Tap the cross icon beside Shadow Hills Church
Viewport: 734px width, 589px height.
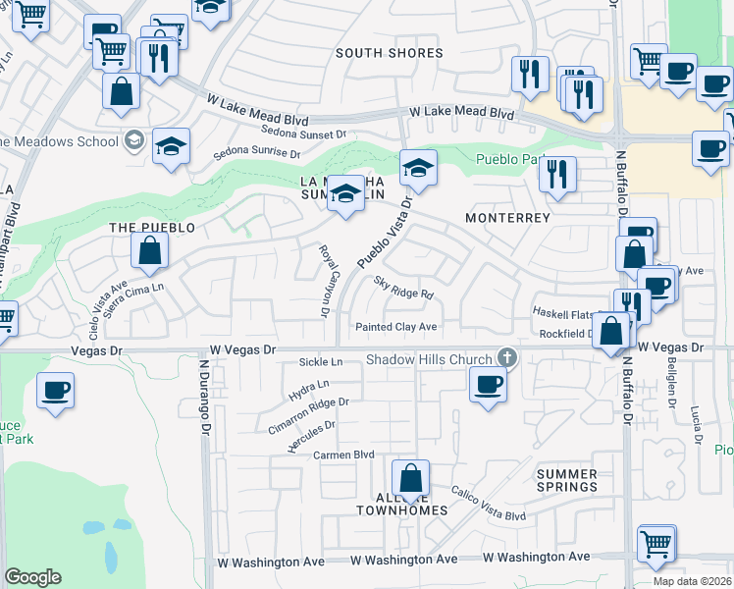[x=506, y=357]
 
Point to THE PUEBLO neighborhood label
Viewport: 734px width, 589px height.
[x=145, y=227]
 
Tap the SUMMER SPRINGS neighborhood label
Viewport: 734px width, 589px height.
[x=567, y=480]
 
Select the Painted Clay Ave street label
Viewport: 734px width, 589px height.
[x=396, y=327]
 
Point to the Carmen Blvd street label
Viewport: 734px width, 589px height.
[x=343, y=455]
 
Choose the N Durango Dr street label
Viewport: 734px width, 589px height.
[x=205, y=397]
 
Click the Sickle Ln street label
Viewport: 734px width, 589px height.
[x=321, y=363]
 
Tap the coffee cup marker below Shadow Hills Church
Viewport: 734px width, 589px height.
[x=488, y=384]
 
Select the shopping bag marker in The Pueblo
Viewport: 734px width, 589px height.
[x=148, y=251]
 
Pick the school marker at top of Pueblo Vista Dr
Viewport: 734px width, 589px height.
[x=418, y=169]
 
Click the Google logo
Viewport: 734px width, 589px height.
[x=32, y=577]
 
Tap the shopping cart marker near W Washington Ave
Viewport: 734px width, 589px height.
[x=655, y=543]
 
